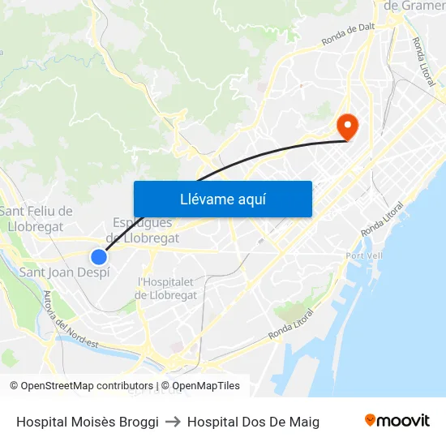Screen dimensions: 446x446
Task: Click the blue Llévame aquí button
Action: (222, 199)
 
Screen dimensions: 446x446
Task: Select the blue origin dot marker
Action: (99, 257)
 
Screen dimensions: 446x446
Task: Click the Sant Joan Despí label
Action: (64, 272)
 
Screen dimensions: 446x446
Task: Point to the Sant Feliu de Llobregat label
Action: (36, 219)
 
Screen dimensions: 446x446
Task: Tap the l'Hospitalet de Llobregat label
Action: (167, 289)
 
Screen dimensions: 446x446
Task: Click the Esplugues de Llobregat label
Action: (144, 230)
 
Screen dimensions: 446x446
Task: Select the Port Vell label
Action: (363, 255)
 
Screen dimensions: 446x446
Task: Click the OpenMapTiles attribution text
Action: (206, 386)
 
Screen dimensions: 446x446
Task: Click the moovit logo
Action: (397, 421)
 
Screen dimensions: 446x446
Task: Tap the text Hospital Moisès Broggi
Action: (88, 422)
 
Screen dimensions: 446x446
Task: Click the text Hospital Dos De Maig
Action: (253, 422)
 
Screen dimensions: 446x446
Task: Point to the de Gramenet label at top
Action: (414, 6)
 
